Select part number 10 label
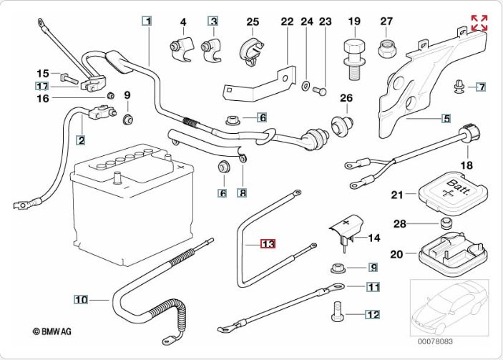(x=81, y=299)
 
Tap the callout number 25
(x=253, y=22)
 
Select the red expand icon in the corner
(x=479, y=22)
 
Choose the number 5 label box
(x=446, y=118)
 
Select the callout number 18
(x=467, y=165)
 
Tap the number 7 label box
(x=482, y=87)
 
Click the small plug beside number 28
(x=447, y=224)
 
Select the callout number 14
(x=373, y=238)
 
